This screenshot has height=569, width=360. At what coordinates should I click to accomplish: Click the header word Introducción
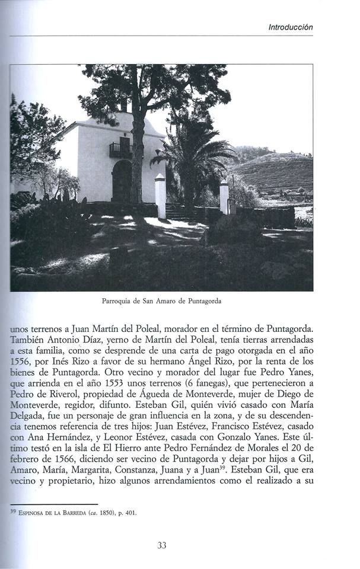(290, 27)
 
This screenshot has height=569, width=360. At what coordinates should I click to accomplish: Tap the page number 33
(161, 545)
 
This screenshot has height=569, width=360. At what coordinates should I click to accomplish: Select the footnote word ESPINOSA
(34, 513)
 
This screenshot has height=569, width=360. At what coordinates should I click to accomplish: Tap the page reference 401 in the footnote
(130, 513)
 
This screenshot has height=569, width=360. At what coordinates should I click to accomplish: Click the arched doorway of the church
(122, 181)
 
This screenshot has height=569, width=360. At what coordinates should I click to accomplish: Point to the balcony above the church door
(120, 150)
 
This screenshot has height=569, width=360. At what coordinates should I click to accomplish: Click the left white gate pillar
(160, 197)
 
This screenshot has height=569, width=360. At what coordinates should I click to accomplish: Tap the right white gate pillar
(224, 197)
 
